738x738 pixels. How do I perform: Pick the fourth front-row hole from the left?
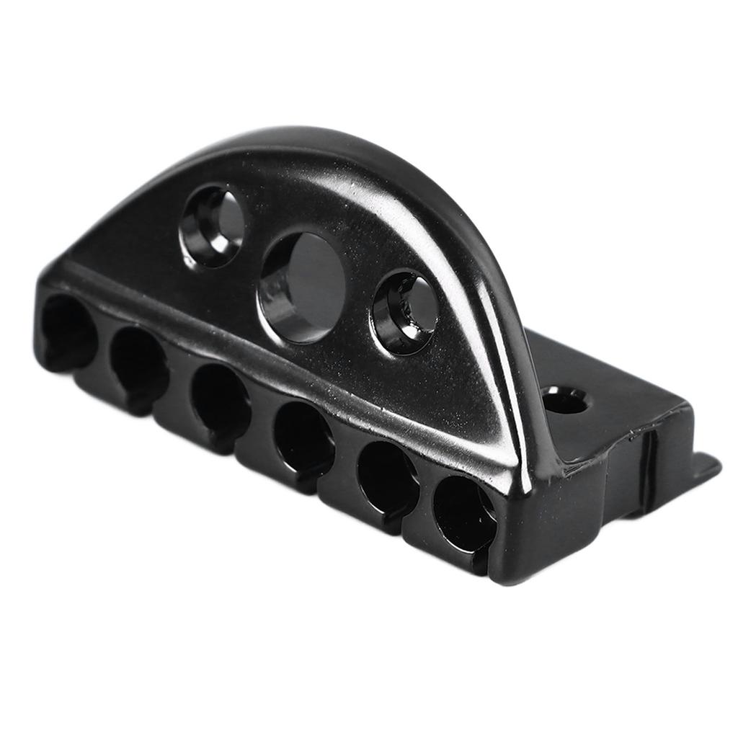pyautogui.click(x=303, y=440)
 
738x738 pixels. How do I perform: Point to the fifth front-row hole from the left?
pyautogui.click(x=387, y=479)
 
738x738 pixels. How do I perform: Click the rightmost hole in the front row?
pyautogui.click(x=465, y=513)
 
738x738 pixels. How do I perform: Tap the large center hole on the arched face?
pyautogui.click(x=303, y=287)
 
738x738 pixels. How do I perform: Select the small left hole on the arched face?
pyautogui.click(x=213, y=225)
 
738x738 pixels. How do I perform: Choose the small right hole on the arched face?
pyautogui.click(x=406, y=311)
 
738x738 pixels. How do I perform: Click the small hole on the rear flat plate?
pyautogui.click(x=564, y=401)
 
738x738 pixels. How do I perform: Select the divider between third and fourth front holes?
pyautogui.click(x=262, y=425)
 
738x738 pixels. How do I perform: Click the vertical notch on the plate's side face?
pyautogui.click(x=649, y=468)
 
